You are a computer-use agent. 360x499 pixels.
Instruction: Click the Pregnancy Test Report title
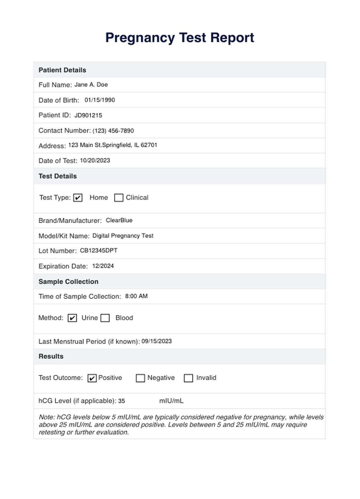click(180, 38)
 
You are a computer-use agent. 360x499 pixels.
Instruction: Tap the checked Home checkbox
click(78, 198)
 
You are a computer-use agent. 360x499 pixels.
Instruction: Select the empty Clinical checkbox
click(118, 198)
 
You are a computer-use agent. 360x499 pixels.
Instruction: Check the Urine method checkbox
click(72, 318)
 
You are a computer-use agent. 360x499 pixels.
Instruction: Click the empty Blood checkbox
click(105, 318)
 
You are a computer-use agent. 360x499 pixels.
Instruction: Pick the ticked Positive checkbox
click(92, 378)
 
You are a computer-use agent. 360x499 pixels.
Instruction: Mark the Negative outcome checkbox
click(140, 378)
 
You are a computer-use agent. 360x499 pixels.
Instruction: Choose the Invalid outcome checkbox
click(188, 378)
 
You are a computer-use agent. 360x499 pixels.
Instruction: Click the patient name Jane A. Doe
click(91, 85)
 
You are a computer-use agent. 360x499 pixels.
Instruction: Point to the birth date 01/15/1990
click(100, 100)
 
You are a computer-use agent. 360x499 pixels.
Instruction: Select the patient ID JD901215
click(88, 115)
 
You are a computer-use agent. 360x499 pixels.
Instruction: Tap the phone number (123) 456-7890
click(113, 131)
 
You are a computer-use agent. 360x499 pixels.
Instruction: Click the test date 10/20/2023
click(95, 160)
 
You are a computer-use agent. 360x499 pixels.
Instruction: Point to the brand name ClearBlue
click(119, 220)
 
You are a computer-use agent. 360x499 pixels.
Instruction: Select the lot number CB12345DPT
click(99, 250)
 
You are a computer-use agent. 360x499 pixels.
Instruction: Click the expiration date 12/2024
click(103, 266)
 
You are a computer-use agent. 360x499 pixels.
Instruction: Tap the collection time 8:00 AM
click(136, 296)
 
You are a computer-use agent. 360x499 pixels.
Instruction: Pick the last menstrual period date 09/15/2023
click(156, 341)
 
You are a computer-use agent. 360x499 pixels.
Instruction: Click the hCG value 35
click(122, 401)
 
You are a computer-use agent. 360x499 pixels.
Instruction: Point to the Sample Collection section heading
click(69, 282)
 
